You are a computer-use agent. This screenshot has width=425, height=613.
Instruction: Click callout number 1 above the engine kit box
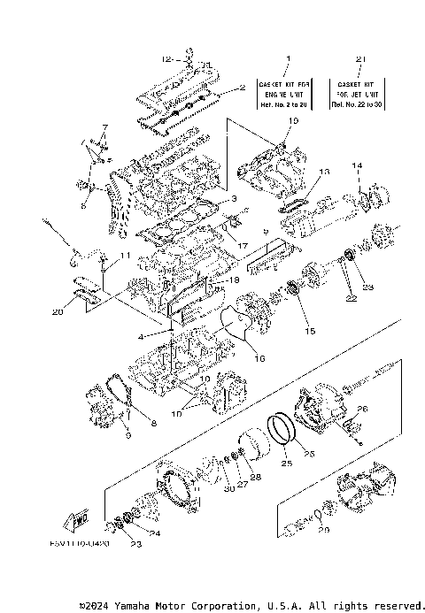pos(287,58)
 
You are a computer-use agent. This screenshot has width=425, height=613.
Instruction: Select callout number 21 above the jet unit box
pos(359,58)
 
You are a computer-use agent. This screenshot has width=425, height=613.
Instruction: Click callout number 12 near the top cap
pos(166,58)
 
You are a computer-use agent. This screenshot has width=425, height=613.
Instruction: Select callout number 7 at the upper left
pos(103,128)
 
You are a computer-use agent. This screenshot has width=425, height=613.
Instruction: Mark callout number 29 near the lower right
pos(323,530)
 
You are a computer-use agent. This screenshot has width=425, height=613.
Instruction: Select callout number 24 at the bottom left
pos(155,533)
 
